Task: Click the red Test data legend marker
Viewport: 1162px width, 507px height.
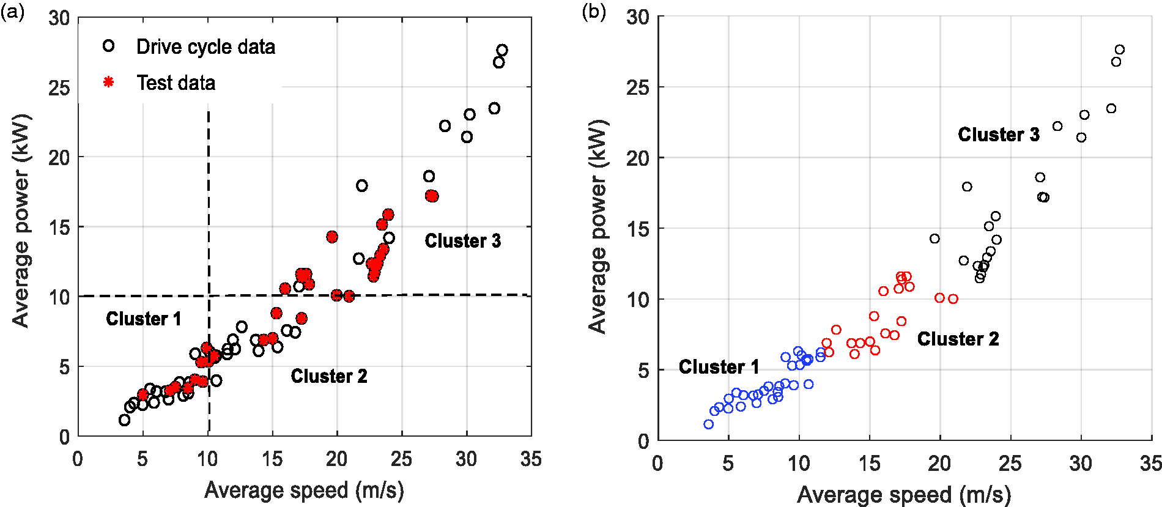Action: pyautogui.click(x=108, y=82)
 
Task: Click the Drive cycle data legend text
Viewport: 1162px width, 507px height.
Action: pyautogui.click(x=205, y=46)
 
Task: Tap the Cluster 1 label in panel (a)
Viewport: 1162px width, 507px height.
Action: pyautogui.click(x=144, y=319)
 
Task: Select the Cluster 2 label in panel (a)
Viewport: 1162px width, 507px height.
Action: pyautogui.click(x=329, y=376)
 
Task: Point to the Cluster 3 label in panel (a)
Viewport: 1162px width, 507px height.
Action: pyautogui.click(x=463, y=241)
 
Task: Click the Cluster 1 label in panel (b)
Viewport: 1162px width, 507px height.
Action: pyautogui.click(x=719, y=367)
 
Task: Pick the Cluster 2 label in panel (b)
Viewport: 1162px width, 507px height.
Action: pyautogui.click(x=958, y=339)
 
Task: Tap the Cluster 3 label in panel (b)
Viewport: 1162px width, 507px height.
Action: pyautogui.click(x=999, y=135)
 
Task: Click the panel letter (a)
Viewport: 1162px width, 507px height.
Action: pyautogui.click(x=12, y=12)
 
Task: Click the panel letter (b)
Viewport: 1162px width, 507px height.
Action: pyautogui.click(x=594, y=12)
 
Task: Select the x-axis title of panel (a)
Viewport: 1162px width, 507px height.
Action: pyautogui.click(x=304, y=490)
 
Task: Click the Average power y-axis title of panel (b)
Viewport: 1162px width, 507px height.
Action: pyautogui.click(x=598, y=226)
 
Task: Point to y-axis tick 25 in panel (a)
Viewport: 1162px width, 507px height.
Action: pyautogui.click(x=59, y=88)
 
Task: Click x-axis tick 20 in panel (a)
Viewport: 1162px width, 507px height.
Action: pyautogui.click(x=337, y=459)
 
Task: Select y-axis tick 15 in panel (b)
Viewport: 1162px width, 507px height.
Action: pyautogui.click(x=637, y=229)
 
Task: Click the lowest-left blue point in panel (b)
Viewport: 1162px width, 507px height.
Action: pyautogui.click(x=709, y=424)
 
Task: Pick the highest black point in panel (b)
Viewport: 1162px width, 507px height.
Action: pyautogui.click(x=1120, y=50)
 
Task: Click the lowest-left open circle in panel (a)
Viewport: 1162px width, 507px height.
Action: pyautogui.click(x=124, y=420)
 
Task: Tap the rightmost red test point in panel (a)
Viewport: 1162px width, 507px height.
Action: pyautogui.click(x=432, y=196)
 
